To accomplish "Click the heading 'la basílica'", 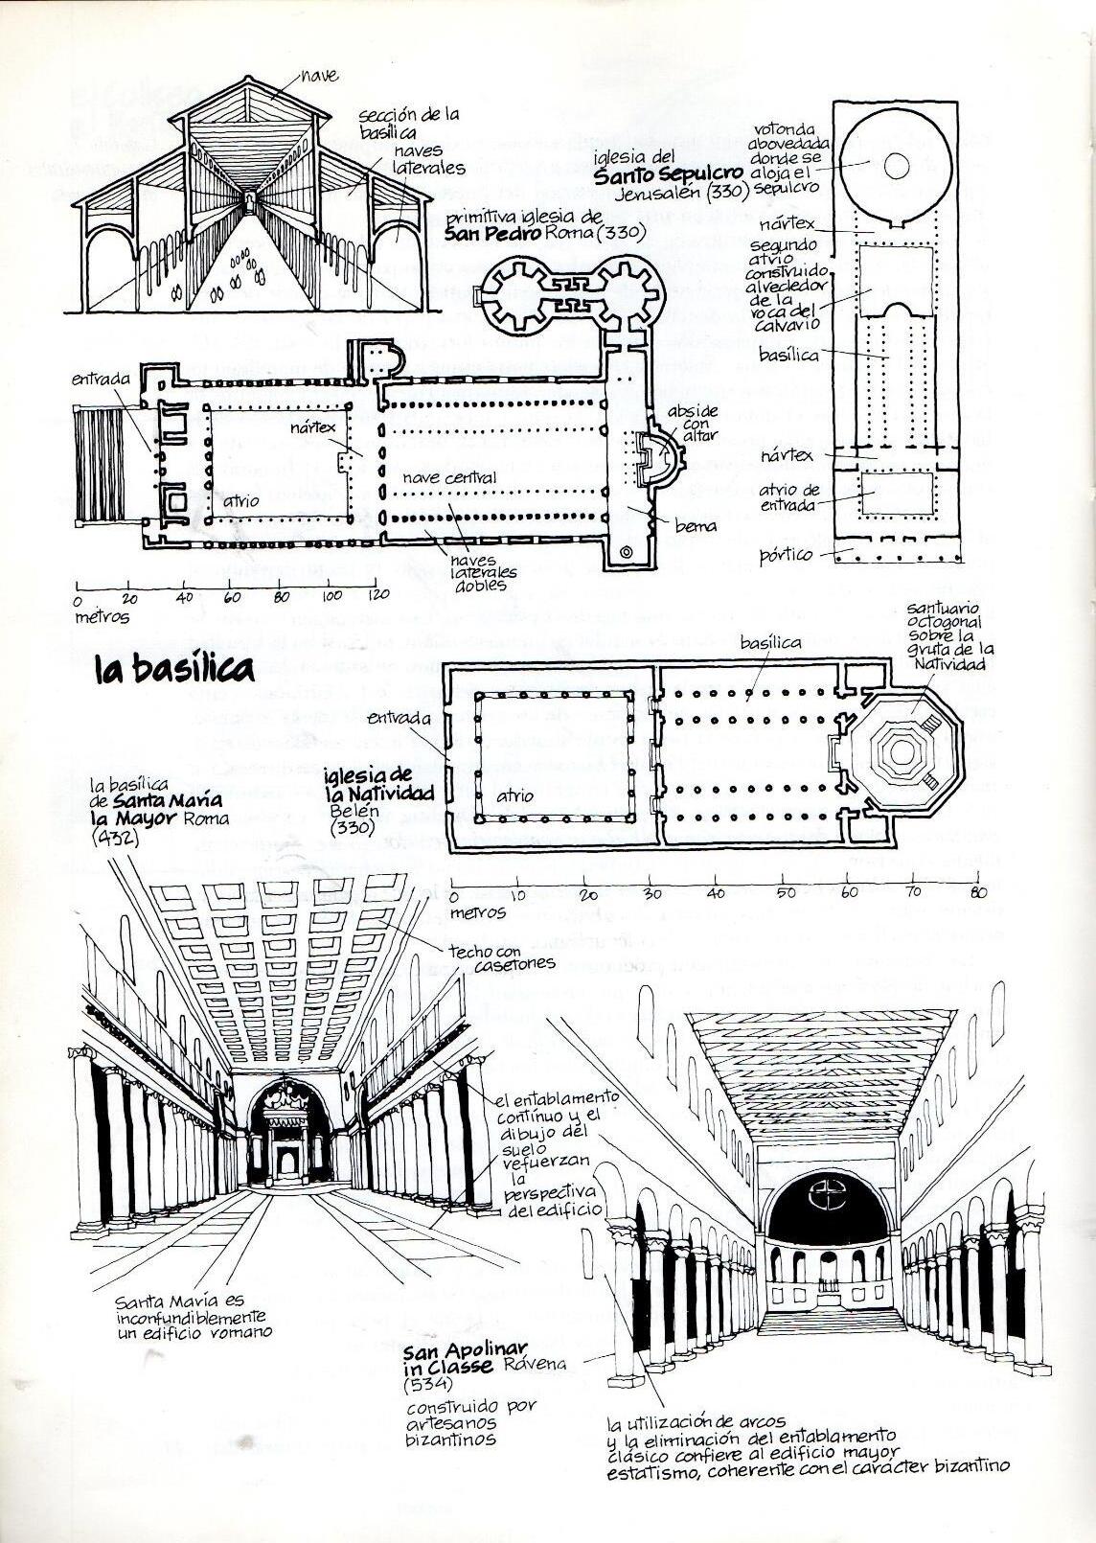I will point(174,667).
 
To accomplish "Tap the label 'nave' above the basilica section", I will point(319,73).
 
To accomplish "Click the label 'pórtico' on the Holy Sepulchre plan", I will point(786,554).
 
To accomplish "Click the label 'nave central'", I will point(449,477).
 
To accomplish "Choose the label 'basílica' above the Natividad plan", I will point(770,643).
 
